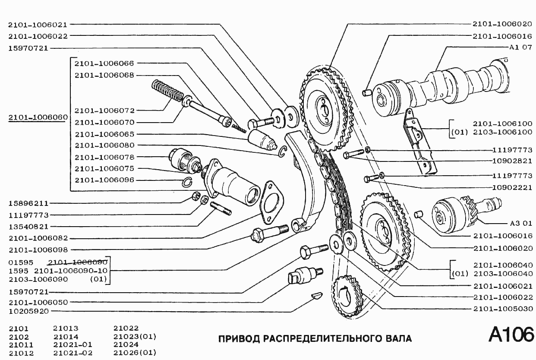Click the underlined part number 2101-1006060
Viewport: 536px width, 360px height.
click(38, 117)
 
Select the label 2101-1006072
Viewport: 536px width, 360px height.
click(104, 111)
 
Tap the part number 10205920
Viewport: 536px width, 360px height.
click(29, 311)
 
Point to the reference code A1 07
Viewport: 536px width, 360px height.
click(520, 47)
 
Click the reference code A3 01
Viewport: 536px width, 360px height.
click(520, 224)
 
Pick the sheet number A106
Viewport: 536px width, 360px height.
click(511, 335)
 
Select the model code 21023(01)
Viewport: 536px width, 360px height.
click(134, 337)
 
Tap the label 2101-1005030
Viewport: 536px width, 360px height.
click(502, 309)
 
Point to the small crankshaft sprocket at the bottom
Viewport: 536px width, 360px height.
click(348, 296)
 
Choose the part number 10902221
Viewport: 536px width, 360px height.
click(512, 188)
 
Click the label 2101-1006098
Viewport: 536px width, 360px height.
click(38, 249)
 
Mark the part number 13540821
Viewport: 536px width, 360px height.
click(29, 226)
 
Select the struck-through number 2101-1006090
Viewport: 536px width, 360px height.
click(78, 262)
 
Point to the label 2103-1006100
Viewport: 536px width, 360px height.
click(502, 132)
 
